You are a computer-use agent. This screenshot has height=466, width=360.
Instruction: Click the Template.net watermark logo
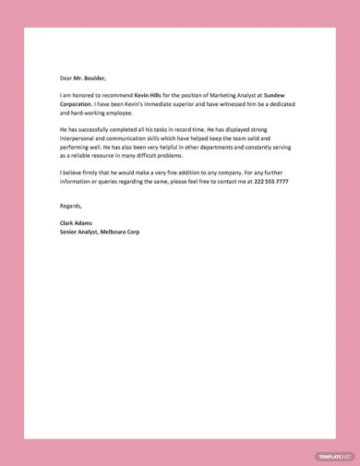334,456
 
